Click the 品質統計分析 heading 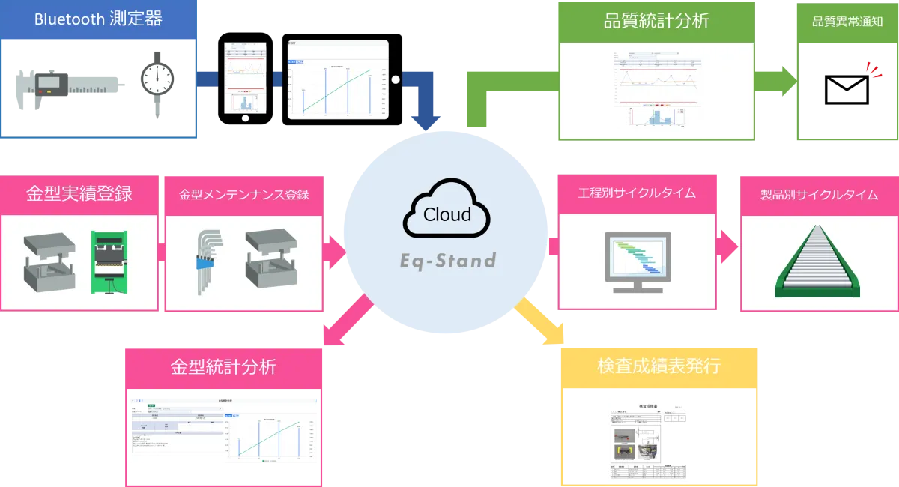click(656, 21)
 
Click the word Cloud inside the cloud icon click(447, 214)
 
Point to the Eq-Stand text click(447, 261)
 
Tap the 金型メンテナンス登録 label click(243, 195)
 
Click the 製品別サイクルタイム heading click(819, 195)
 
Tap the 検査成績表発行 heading click(659, 366)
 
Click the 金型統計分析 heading click(223, 367)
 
